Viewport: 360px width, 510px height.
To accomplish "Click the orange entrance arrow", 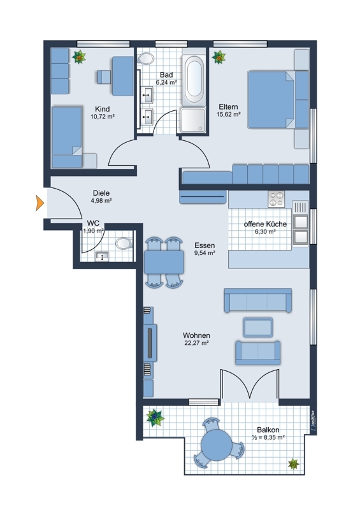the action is [x=40, y=203].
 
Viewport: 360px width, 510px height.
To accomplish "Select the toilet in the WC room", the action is [x=124, y=244].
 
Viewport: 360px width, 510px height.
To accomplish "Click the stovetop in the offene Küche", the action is [x=276, y=199].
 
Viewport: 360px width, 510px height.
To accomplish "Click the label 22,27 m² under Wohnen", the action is [x=196, y=343].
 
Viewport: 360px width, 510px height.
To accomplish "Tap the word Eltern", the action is [x=228, y=106].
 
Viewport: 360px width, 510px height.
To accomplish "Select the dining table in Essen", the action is [x=164, y=262].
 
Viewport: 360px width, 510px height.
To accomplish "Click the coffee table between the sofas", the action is [x=258, y=327].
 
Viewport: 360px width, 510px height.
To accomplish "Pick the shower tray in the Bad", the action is [x=193, y=120].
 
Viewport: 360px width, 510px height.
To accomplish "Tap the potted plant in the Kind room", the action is [x=79, y=57].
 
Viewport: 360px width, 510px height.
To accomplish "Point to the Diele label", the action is [x=101, y=193].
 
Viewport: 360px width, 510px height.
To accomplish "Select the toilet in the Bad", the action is [x=146, y=59].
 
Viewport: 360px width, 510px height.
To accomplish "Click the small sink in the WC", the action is [x=102, y=257].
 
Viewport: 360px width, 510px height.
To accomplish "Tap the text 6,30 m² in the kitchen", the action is [x=265, y=231].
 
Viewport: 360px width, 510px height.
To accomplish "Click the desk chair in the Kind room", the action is [x=104, y=76].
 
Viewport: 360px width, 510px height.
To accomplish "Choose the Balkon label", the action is [x=268, y=430].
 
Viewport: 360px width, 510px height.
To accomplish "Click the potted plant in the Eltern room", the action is [x=219, y=57].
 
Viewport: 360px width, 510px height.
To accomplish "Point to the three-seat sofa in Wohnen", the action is [x=258, y=300].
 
